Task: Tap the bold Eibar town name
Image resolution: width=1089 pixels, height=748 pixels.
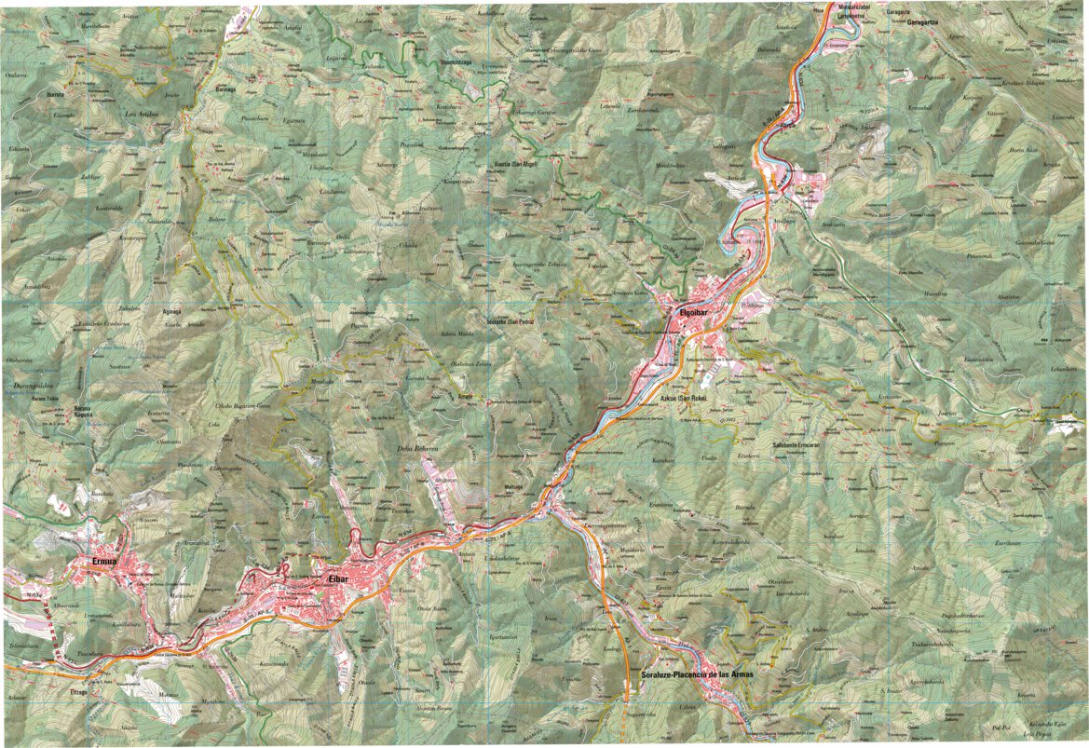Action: click(337, 579)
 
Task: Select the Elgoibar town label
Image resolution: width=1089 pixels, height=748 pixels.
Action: click(696, 312)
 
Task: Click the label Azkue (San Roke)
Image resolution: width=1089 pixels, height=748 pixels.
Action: click(684, 399)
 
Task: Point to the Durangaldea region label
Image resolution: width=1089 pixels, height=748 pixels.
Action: click(31, 382)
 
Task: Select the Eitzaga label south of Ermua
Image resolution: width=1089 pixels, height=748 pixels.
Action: click(78, 692)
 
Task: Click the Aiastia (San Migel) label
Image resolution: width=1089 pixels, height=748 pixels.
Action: click(514, 173)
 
